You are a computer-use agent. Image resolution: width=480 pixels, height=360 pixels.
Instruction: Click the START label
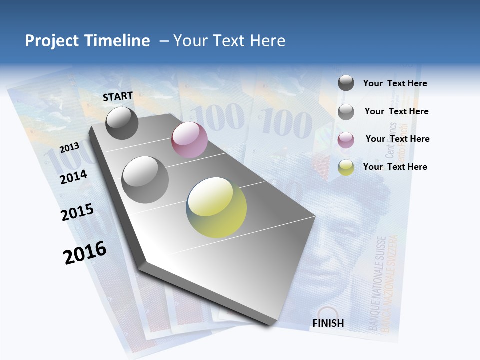pyautogui.click(x=118, y=96)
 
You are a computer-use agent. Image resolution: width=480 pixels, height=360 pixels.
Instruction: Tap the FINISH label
pyautogui.click(x=328, y=323)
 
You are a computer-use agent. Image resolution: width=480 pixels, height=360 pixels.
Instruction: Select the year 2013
pyautogui.click(x=69, y=148)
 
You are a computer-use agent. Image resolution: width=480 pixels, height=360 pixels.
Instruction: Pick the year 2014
pyautogui.click(x=73, y=177)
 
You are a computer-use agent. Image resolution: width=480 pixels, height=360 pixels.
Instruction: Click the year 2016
pyautogui.click(x=85, y=253)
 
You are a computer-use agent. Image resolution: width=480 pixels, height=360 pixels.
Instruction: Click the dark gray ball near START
pyautogui.click(x=122, y=123)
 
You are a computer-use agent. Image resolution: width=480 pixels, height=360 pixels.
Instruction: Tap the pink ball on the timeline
pyautogui.click(x=189, y=140)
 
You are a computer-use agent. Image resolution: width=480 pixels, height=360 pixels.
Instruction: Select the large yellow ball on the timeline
pyautogui.click(x=216, y=207)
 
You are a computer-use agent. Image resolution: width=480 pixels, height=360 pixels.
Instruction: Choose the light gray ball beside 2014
pyautogui.click(x=145, y=179)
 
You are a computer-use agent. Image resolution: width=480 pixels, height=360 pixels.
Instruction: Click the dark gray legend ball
pyautogui.click(x=346, y=83)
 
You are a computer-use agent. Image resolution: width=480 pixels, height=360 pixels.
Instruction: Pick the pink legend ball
pyautogui.click(x=346, y=140)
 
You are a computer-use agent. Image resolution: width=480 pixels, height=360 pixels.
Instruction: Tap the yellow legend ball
pyautogui.click(x=346, y=167)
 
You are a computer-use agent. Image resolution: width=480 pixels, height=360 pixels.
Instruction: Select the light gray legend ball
pyautogui.click(x=346, y=112)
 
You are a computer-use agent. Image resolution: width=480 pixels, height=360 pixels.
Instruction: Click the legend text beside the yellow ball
pyautogui.click(x=395, y=167)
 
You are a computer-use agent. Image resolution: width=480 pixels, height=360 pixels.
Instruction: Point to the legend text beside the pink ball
pyautogui.click(x=397, y=139)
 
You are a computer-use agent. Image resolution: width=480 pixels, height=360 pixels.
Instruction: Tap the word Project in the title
pyautogui.click(x=52, y=41)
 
